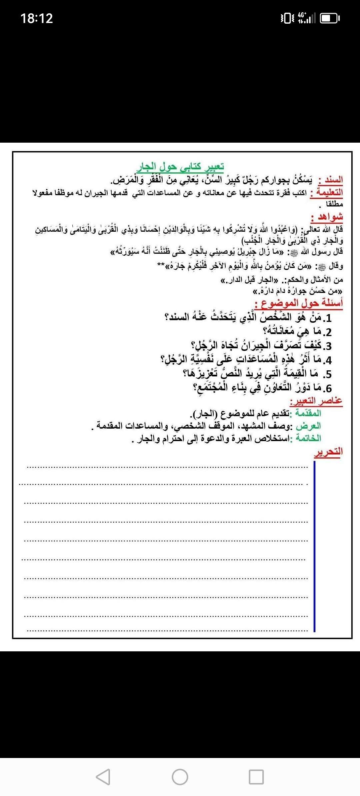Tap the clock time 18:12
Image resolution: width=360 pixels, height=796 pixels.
click(37, 18)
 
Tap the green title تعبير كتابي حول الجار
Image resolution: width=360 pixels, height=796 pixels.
click(180, 166)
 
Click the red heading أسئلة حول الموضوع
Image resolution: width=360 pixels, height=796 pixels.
click(299, 303)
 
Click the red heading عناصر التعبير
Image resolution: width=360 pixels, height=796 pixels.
click(316, 401)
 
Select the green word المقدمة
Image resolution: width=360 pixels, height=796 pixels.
click(306, 413)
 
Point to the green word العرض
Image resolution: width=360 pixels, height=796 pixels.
click(309, 426)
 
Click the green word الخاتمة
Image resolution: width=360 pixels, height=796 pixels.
click(306, 438)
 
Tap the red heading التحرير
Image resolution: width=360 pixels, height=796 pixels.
click(328, 452)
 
